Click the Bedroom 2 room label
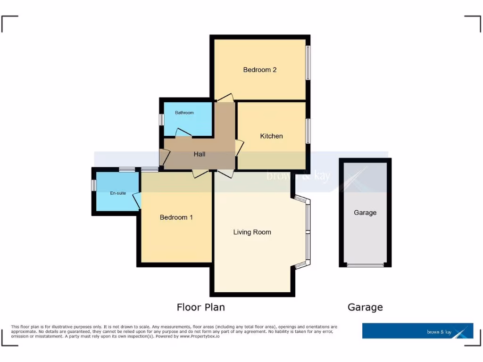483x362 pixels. pos(259,70)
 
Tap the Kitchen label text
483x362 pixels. pos(272,136)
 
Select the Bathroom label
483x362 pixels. pos(184,113)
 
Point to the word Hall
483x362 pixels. pos(200,154)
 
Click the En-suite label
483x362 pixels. pos(118,193)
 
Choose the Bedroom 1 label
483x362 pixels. pos(176,217)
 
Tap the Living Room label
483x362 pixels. pos(252,232)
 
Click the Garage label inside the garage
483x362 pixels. pos(365,213)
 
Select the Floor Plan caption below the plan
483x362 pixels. pos(200,307)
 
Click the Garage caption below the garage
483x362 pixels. pos(365,307)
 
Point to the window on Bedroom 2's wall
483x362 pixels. pos(308,62)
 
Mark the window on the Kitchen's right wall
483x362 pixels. pos(308,131)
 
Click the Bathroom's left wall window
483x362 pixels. pos(161,120)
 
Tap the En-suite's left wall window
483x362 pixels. pos(93,185)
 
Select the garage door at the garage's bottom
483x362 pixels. pos(365,265)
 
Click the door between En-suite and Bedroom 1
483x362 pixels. pos(137,201)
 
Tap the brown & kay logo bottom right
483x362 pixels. pos(417,331)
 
